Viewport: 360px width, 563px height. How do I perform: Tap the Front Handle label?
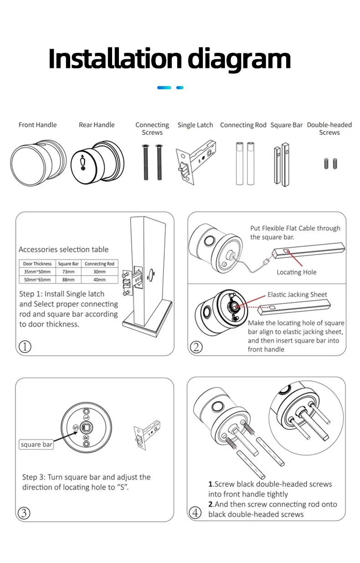[38, 125]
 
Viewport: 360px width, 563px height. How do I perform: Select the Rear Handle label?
[97, 125]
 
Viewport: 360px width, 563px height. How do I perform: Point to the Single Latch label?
[195, 125]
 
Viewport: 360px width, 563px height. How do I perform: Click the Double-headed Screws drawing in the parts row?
[330, 164]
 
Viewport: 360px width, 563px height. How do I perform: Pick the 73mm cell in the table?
[68, 271]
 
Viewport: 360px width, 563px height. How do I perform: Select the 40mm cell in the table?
[99, 279]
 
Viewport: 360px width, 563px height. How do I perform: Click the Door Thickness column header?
[37, 264]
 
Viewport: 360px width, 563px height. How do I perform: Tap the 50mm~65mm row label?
[37, 279]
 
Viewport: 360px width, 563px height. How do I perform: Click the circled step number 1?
[25, 347]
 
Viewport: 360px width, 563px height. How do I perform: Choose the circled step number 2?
[196, 347]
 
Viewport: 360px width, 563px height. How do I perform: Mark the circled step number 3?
[24, 513]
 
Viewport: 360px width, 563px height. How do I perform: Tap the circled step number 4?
[195, 513]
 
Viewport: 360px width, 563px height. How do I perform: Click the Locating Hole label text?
[296, 272]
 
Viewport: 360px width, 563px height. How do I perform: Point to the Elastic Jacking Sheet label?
[297, 295]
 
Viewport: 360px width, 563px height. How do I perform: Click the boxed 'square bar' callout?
[36, 444]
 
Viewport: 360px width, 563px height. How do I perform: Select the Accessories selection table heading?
[63, 249]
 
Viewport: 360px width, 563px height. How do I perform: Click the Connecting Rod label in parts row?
[243, 125]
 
